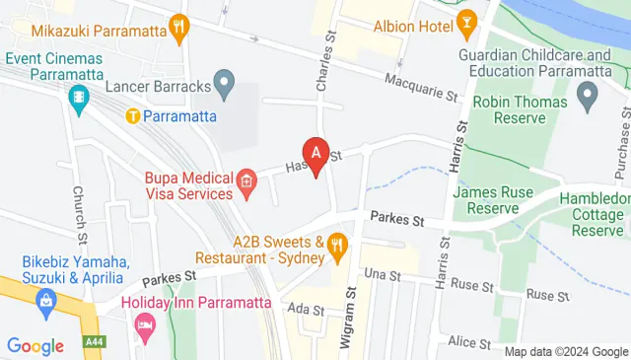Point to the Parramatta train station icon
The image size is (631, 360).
coord(133,116)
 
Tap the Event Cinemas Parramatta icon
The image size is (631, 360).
coord(78,98)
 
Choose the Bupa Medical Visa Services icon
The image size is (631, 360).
coord(245,180)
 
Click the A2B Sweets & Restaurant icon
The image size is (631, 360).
coord(338,244)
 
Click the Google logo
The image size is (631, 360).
coord(35,346)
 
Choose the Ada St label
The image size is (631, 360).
coord(305,309)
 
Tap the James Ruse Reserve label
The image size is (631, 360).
coord(486,200)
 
